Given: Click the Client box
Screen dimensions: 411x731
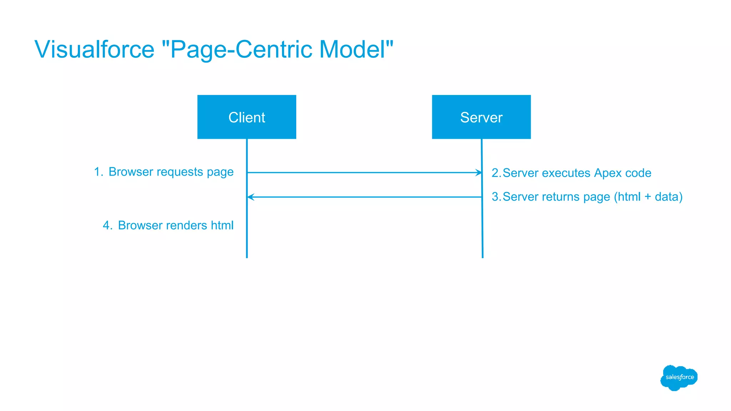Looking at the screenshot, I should pyautogui.click(x=247, y=117).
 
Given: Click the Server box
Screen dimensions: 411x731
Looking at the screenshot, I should pyautogui.click(x=481, y=117).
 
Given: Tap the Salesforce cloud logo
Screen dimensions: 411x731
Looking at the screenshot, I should pyautogui.click(x=679, y=377).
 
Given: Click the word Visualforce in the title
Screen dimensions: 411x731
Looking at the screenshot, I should pyautogui.click(x=94, y=49).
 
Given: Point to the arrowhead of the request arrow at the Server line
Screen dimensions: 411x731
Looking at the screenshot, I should pyautogui.click(x=479, y=173).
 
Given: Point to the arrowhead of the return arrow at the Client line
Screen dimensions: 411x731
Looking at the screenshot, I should pyautogui.click(x=250, y=197).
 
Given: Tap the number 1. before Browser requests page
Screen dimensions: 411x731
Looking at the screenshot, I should pyautogui.click(x=98, y=172).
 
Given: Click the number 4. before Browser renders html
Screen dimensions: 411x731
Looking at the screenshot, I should pyautogui.click(x=107, y=225).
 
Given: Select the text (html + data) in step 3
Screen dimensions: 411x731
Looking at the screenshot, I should pyautogui.click(x=648, y=197).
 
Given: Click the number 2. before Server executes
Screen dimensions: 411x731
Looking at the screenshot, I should pyautogui.click(x=496, y=173).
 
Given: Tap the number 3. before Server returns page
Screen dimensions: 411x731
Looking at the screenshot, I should pyautogui.click(x=496, y=197).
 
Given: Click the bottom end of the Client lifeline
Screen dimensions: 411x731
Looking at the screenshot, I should pyautogui.click(x=247, y=256).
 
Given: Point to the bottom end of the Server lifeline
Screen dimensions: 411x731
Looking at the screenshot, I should pyautogui.click(x=483, y=256).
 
